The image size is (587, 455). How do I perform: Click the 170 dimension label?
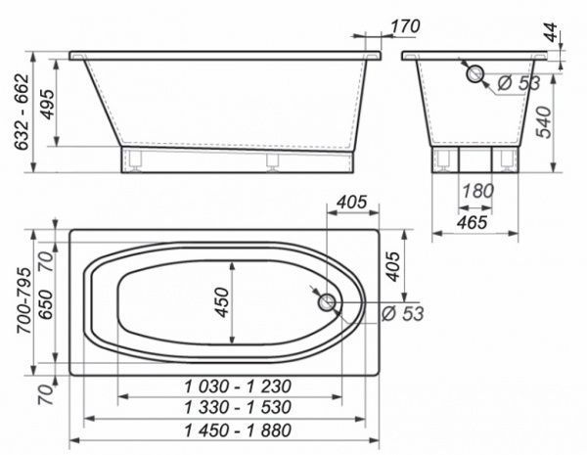point(405,26)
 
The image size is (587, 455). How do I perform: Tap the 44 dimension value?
point(551,32)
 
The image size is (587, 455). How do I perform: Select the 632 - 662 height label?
point(22,112)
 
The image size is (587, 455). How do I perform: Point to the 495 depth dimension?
point(48,104)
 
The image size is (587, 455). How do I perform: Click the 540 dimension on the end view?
point(544,122)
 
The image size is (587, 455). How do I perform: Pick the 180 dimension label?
point(477,191)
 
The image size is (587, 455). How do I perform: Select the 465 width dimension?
point(473,222)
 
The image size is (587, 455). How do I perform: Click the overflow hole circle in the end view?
point(474,73)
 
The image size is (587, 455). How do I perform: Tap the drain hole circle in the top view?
point(327,301)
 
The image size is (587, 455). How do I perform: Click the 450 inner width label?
point(223,302)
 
